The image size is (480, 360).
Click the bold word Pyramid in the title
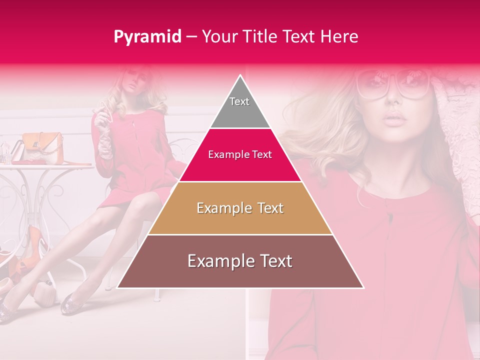147,37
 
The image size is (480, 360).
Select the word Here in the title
340,37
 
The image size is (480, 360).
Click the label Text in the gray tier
239,101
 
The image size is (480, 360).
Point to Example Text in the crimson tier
240,154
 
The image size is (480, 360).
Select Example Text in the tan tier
240,208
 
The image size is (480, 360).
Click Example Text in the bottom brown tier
240,261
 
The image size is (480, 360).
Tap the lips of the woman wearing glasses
395,119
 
